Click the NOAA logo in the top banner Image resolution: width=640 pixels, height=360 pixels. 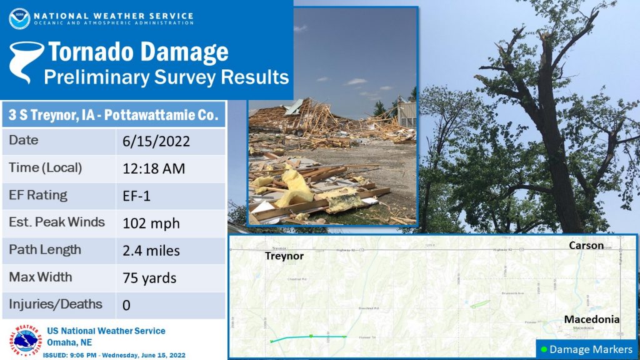(19, 18)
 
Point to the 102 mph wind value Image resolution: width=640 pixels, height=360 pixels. (151, 223)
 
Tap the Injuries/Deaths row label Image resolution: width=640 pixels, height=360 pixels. (56, 304)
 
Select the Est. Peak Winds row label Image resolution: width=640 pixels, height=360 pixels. (57, 222)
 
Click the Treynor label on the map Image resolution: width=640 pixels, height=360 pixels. (284, 256)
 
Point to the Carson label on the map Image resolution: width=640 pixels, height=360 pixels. (586, 246)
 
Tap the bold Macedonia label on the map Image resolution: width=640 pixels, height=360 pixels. (591, 319)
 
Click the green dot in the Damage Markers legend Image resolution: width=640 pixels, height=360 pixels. (544, 349)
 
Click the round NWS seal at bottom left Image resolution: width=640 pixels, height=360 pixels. (24, 340)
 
